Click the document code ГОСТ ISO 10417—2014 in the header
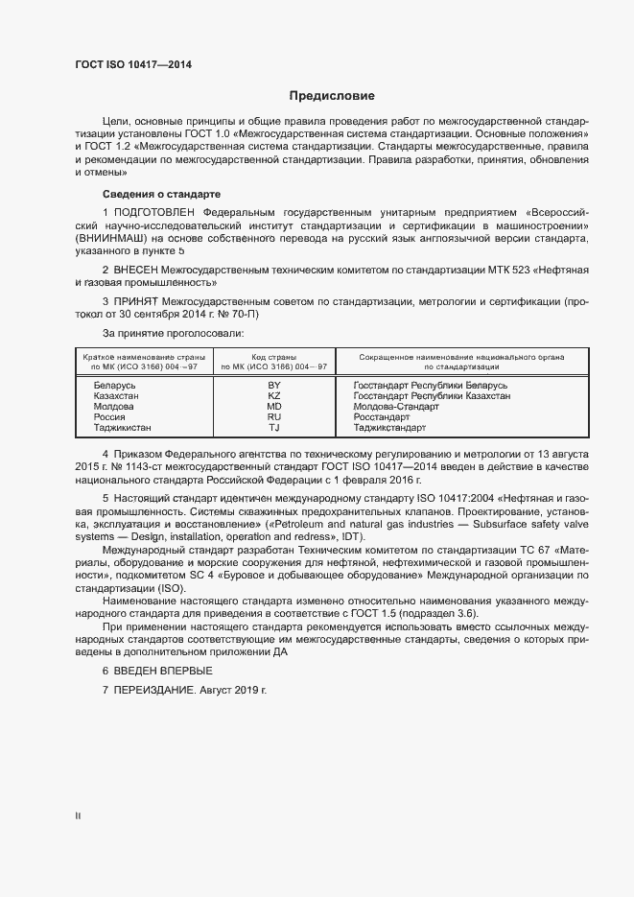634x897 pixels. tap(132, 63)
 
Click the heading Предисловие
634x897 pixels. tap(332, 96)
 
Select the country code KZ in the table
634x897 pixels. tap(274, 396)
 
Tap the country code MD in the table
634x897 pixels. tap(274, 407)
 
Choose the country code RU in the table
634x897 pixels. tap(274, 417)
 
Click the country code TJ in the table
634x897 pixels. tap(274, 428)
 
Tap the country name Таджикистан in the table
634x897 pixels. tap(123, 428)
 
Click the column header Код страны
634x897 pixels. tap(273, 357)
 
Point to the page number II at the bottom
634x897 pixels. tap(79, 816)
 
